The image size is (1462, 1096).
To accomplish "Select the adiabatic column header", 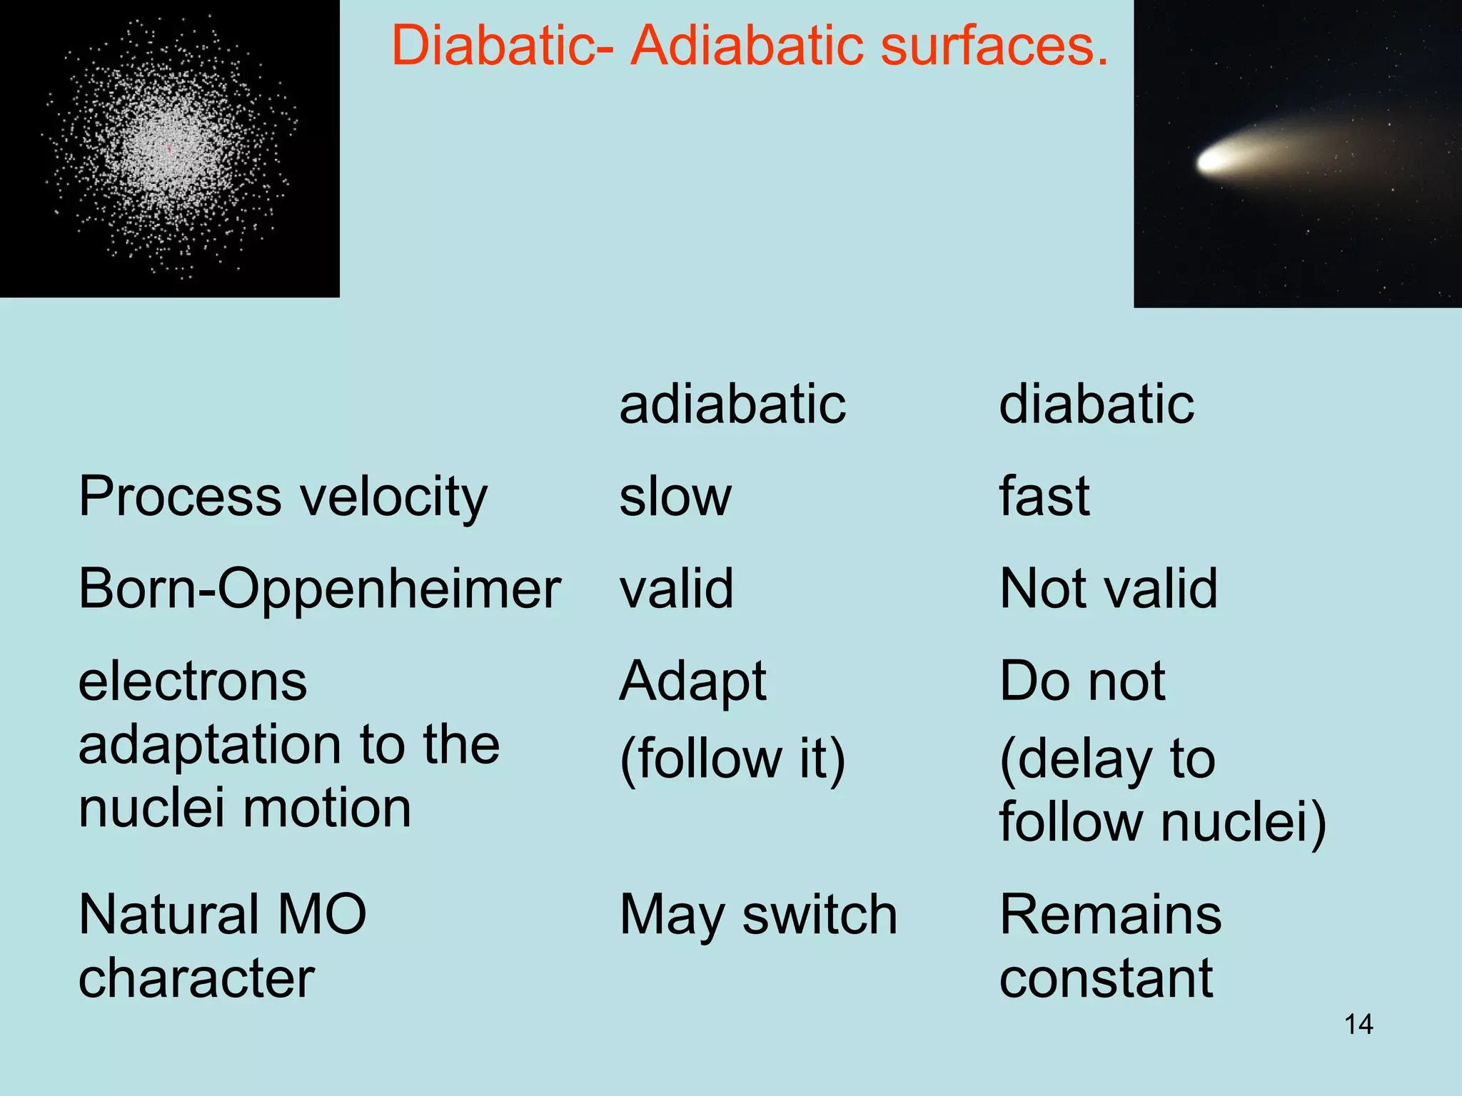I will pos(732,405).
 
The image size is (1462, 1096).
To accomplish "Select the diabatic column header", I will pos(1096,405).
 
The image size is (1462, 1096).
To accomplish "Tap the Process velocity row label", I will pos(283,497).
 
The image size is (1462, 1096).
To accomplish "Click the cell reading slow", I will pos(675,497).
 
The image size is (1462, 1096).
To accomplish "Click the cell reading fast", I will pos(1044,497).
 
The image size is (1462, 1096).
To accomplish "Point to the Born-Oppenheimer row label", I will pos(319,590).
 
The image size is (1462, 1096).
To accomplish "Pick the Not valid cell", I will pos(1108,590).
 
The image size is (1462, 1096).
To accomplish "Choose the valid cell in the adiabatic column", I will pos(676,590).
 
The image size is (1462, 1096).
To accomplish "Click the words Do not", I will pos(1082,682).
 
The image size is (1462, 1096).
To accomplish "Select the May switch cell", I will pos(758,915).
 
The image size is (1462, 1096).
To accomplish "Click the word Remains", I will pos(1110,915).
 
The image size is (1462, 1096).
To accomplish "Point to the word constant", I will pos(1106,979).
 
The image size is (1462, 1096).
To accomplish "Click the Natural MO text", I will pos(222,915).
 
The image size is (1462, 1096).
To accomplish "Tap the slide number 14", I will pos(1358,1025).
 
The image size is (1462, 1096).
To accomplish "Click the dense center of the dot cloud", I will pos(168,148).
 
